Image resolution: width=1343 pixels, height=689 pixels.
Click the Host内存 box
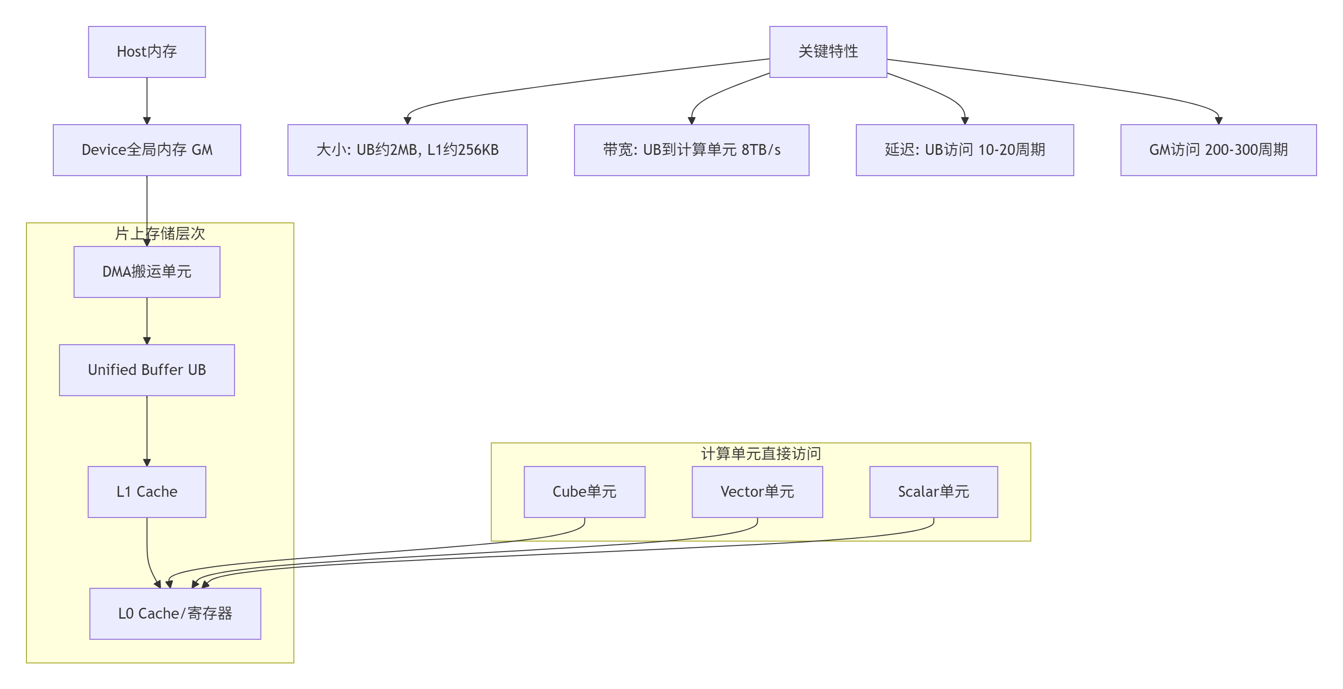tap(146, 51)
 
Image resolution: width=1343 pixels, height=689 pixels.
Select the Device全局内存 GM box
tap(146, 150)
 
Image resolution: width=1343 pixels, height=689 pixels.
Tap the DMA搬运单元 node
tap(146, 272)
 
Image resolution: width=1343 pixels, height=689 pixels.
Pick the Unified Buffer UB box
tap(146, 370)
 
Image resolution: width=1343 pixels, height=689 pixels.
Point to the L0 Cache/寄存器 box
tap(175, 613)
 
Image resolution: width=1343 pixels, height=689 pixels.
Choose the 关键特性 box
tap(828, 51)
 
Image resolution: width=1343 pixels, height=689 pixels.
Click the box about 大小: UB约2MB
tap(407, 150)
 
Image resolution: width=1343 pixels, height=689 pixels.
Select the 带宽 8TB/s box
tap(691, 150)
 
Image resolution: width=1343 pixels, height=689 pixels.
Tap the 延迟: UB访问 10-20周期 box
tap(964, 150)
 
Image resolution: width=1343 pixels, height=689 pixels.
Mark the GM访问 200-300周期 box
tap(1218, 150)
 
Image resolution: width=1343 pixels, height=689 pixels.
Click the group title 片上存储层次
tap(160, 233)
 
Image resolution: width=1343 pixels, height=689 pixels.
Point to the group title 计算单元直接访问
tap(760, 453)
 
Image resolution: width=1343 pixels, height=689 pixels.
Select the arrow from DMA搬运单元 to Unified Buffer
tap(146, 320)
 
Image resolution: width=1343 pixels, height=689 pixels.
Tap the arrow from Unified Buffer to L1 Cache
tap(146, 430)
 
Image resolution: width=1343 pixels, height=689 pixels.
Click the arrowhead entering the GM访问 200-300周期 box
tap(1218, 120)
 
